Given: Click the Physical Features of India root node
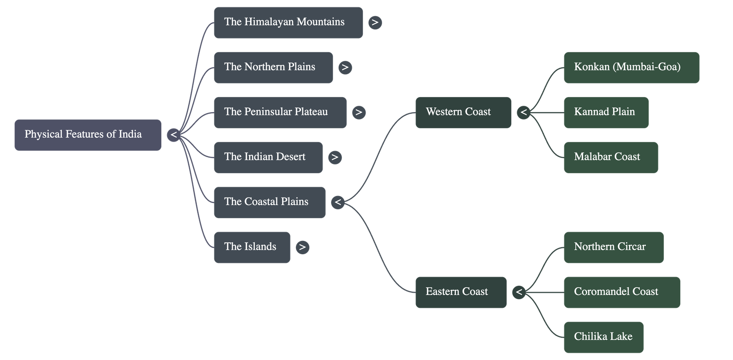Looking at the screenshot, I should pyautogui.click(x=88, y=135).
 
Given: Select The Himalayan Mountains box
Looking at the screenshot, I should pyautogui.click(x=288, y=22).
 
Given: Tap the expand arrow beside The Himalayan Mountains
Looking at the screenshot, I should pyautogui.click(x=375, y=22).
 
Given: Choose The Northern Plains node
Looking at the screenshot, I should pyautogui.click(x=273, y=67).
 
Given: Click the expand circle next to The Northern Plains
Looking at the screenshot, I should pyautogui.click(x=345, y=67).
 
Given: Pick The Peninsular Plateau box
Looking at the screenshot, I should pyautogui.click(x=280, y=112).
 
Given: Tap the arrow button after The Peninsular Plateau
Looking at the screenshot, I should pyautogui.click(x=359, y=112).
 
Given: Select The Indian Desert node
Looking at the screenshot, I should pyautogui.click(x=268, y=157).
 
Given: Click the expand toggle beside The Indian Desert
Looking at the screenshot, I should pyautogui.click(x=335, y=157).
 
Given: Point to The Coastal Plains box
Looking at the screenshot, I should pyautogui.click(x=269, y=202).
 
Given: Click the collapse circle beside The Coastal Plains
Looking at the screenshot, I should pyautogui.click(x=338, y=202).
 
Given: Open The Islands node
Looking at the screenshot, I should pyautogui.click(x=252, y=247).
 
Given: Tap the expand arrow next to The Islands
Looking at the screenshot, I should pyautogui.click(x=301, y=247).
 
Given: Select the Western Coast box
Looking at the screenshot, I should pyautogui.click(x=463, y=112).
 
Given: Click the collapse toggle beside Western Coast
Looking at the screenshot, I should pyautogui.click(x=523, y=112).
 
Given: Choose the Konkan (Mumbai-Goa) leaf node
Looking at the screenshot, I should pyautogui.click(x=631, y=67).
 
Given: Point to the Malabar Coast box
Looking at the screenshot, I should pyautogui.click(x=611, y=157).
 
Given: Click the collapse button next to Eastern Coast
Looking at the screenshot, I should pyautogui.click(x=519, y=292).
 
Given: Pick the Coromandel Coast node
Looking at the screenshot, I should pyautogui.click(x=622, y=292).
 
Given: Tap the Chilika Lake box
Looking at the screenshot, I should pyautogui.click(x=603, y=337).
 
